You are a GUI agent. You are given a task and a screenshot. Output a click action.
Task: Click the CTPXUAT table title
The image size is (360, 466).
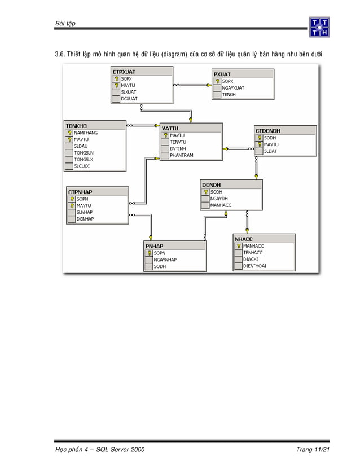[x=124, y=72]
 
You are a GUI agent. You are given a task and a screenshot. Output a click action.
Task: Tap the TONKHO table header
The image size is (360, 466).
[x=76, y=125]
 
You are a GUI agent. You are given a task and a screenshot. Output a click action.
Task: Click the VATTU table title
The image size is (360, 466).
[x=170, y=128]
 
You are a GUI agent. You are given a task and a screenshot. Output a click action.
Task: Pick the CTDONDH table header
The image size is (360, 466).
[x=268, y=130]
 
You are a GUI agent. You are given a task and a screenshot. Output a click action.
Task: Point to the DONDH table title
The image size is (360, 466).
[x=212, y=184]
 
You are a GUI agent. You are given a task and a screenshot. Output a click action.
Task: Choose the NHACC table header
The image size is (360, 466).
[x=244, y=239]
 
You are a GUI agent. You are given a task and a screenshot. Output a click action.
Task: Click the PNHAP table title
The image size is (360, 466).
[x=155, y=246]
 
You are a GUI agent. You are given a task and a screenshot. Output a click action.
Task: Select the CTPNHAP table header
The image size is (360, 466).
[x=80, y=192]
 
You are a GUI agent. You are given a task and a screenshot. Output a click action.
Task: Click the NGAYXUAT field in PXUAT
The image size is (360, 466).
[x=233, y=88]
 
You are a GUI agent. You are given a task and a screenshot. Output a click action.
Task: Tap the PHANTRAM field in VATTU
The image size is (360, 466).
[x=182, y=155]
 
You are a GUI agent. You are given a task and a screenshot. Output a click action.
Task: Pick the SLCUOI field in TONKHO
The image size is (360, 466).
[x=82, y=166]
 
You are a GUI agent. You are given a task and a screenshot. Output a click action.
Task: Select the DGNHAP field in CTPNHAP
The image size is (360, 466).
[x=85, y=219]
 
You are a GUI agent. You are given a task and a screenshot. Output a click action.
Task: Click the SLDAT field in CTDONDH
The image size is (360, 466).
[x=270, y=151]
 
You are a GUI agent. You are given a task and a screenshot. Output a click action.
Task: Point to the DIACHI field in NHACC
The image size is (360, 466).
[x=251, y=259]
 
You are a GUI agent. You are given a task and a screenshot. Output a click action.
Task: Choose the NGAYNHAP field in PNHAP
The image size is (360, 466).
[x=165, y=260]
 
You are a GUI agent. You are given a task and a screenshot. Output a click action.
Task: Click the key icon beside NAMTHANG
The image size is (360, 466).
[x=69, y=133]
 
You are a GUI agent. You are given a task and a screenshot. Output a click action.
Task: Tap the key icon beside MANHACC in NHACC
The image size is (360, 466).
[x=239, y=246]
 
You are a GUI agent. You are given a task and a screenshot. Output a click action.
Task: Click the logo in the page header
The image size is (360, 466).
[x=319, y=27]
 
